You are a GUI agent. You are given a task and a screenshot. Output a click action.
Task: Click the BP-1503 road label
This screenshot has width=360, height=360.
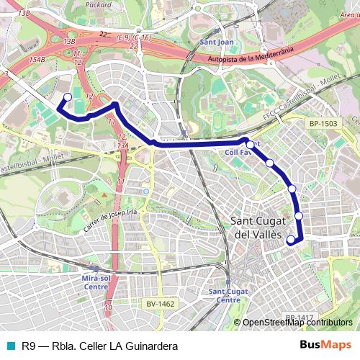pyautogui.click(x=323, y=124)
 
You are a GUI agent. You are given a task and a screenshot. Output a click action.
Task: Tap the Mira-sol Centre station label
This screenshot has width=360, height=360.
pyautogui.click(x=96, y=281)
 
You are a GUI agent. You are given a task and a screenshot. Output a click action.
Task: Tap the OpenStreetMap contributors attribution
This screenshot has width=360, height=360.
pyautogui.click(x=297, y=323)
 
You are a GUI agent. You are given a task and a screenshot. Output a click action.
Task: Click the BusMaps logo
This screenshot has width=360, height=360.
pyautogui.click(x=326, y=344)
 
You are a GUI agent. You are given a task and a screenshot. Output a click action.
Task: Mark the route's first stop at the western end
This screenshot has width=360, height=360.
pyautogui.click(x=68, y=97)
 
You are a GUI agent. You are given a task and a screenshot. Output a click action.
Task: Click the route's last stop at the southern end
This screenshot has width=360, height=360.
pyautogui.click(x=291, y=240)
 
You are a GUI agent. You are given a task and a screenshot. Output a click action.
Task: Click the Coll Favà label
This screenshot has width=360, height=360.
pyautogui.click(x=239, y=153)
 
